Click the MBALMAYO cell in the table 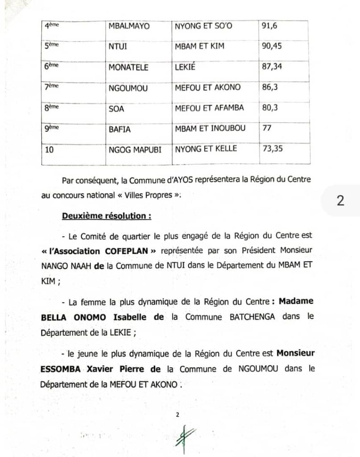point(129,26)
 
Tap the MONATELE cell point(128,66)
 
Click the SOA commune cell point(116,108)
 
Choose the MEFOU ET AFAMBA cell point(208,108)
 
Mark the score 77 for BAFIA point(267,128)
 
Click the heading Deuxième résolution point(106,216)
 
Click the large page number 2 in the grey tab point(340,200)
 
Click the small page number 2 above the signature point(177,415)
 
